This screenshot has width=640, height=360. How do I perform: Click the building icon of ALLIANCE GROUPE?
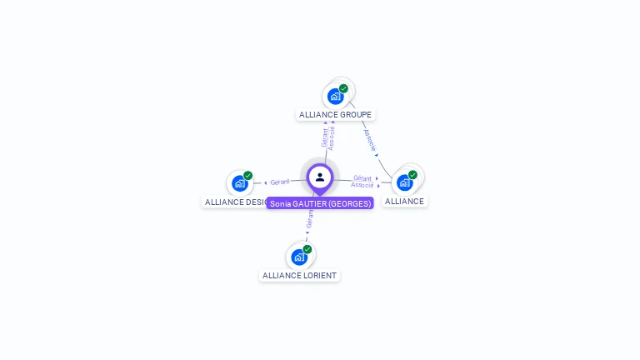(x=335, y=96)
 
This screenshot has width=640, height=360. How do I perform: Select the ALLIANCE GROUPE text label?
(x=335, y=114)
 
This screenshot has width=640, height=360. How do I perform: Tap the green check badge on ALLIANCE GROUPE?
(x=343, y=88)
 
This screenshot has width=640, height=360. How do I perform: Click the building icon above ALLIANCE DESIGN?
(x=239, y=183)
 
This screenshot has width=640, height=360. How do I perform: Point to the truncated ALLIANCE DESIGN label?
(x=235, y=202)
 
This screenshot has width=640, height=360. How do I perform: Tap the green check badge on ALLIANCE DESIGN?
(x=247, y=176)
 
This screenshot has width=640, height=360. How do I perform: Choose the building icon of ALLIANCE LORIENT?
(x=298, y=257)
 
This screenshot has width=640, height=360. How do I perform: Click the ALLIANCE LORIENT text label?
(x=300, y=275)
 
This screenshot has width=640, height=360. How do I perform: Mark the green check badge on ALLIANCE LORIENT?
(x=307, y=249)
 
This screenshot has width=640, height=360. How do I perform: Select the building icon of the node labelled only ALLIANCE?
(x=404, y=182)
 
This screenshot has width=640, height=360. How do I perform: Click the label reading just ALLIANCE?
(x=404, y=201)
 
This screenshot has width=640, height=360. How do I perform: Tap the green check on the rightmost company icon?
(x=412, y=175)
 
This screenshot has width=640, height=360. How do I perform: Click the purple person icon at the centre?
(x=320, y=177)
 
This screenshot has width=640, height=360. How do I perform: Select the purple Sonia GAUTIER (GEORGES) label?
(x=320, y=203)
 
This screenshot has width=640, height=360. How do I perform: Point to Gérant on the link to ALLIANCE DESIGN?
(x=280, y=182)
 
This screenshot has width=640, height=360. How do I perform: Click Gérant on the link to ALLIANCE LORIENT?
(x=309, y=218)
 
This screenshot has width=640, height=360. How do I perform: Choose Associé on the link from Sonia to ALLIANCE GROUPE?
(x=332, y=137)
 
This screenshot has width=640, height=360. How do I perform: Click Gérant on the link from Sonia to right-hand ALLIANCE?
(x=362, y=177)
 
